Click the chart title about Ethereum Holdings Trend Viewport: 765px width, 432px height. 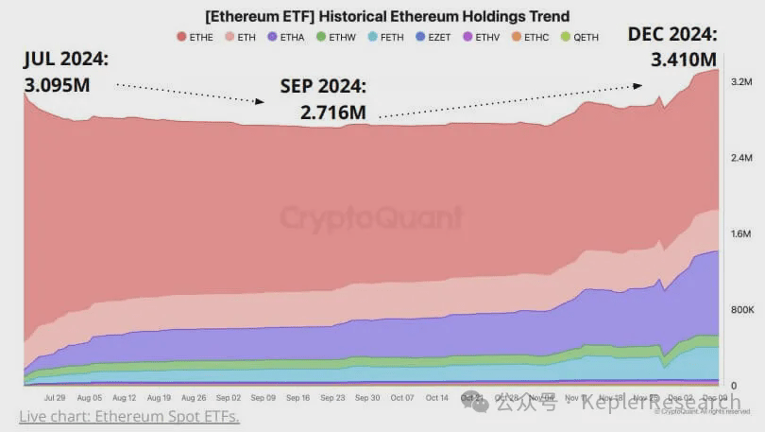(387, 17)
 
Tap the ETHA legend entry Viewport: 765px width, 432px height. (286, 37)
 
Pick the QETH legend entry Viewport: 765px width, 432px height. (580, 37)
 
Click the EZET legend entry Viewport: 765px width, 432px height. (433, 37)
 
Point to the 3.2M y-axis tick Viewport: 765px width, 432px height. (740, 82)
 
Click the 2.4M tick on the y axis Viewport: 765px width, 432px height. (740, 158)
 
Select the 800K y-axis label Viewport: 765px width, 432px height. (740, 310)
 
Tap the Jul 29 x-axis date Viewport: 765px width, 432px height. (55, 399)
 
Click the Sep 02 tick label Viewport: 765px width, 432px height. (229, 399)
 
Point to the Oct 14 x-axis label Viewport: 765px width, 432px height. (437, 399)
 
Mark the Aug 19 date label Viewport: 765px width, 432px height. (160, 399)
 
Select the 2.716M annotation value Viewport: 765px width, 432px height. (332, 112)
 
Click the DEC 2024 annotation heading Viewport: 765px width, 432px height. (672, 35)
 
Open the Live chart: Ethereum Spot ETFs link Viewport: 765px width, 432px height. (129, 417)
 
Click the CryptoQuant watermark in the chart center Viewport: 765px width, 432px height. (371, 218)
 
